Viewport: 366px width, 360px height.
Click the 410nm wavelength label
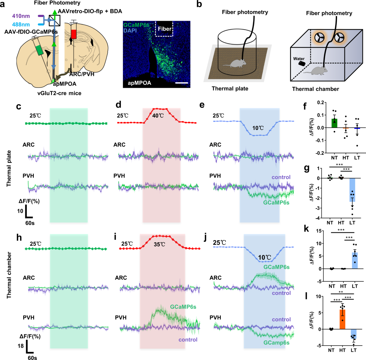[21, 16]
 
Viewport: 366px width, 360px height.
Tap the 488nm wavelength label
[21, 25]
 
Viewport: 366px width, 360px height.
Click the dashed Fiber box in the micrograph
[164, 29]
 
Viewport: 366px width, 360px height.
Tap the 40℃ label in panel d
[158, 116]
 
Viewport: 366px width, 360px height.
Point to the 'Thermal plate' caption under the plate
[230, 89]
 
